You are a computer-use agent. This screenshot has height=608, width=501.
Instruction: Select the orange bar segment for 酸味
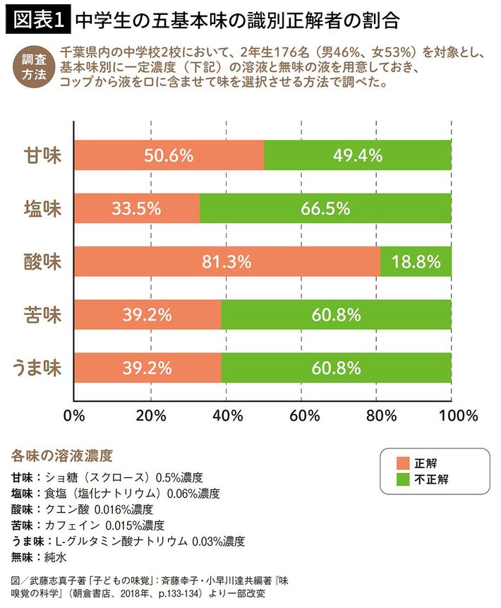(227, 261)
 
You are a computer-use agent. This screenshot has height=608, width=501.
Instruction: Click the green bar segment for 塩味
(325, 208)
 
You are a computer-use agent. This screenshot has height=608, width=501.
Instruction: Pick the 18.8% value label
(416, 261)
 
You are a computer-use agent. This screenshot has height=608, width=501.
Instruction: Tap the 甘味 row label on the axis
(42, 155)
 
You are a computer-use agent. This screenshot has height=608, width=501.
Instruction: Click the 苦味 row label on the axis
(42, 314)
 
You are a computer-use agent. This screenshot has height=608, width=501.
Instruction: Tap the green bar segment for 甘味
(358, 155)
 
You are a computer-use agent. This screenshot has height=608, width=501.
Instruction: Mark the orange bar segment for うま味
(147, 367)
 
